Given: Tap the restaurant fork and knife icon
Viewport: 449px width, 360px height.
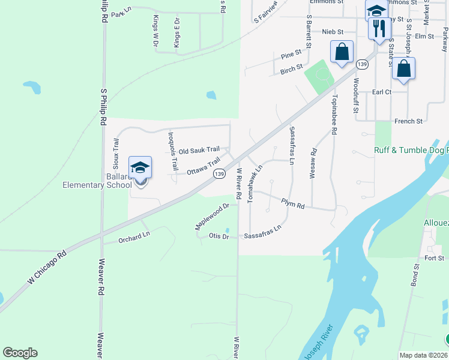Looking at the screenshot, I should [x=379, y=28].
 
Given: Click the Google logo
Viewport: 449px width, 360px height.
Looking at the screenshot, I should [x=20, y=353].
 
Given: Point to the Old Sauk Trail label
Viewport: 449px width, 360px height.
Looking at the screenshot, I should [x=199, y=150].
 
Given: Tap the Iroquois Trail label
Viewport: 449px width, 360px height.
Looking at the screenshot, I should [x=173, y=150].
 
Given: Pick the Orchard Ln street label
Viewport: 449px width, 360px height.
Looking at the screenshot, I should [x=133, y=238].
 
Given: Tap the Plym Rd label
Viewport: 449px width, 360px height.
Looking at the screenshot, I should [x=292, y=205].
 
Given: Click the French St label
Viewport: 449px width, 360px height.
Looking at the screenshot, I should [x=408, y=121].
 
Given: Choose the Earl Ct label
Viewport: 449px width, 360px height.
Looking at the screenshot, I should [x=381, y=92].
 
